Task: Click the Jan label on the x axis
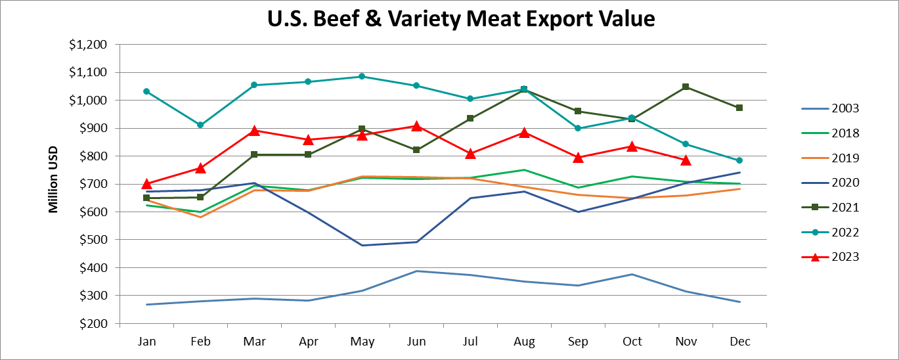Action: click(146, 342)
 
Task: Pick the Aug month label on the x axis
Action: click(524, 342)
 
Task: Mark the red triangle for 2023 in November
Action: click(686, 160)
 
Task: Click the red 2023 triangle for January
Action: click(146, 184)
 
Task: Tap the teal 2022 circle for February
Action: click(200, 125)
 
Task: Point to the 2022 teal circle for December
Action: click(739, 160)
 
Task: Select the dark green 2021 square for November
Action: click(686, 87)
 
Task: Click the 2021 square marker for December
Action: click(739, 108)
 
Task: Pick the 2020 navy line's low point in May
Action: click(362, 246)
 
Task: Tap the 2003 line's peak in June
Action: click(416, 271)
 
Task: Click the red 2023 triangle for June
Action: click(416, 125)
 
